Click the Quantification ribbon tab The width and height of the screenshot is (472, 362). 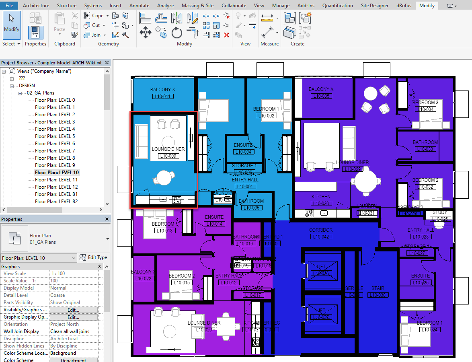point(338,6)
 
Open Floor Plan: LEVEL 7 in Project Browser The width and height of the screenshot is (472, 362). point(55,151)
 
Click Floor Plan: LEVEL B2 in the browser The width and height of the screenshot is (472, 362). point(56,202)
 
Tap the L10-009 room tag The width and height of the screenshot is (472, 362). point(168,156)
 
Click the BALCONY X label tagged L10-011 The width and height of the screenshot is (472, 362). point(162,90)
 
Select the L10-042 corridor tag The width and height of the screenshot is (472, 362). point(320,237)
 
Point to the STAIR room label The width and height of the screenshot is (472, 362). point(378,288)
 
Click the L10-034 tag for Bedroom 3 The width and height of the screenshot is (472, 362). point(425,109)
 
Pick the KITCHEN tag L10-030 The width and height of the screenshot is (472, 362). point(321,204)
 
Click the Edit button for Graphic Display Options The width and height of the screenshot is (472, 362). point(73,317)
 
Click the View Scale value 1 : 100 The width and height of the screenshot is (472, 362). point(58,274)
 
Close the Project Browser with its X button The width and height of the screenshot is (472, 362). point(107,63)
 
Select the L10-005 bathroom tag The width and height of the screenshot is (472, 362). point(251,208)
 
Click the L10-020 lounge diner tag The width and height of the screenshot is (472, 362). point(204,330)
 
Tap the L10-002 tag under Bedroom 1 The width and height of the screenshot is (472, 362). point(266,116)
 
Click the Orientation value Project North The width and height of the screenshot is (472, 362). point(64,324)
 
